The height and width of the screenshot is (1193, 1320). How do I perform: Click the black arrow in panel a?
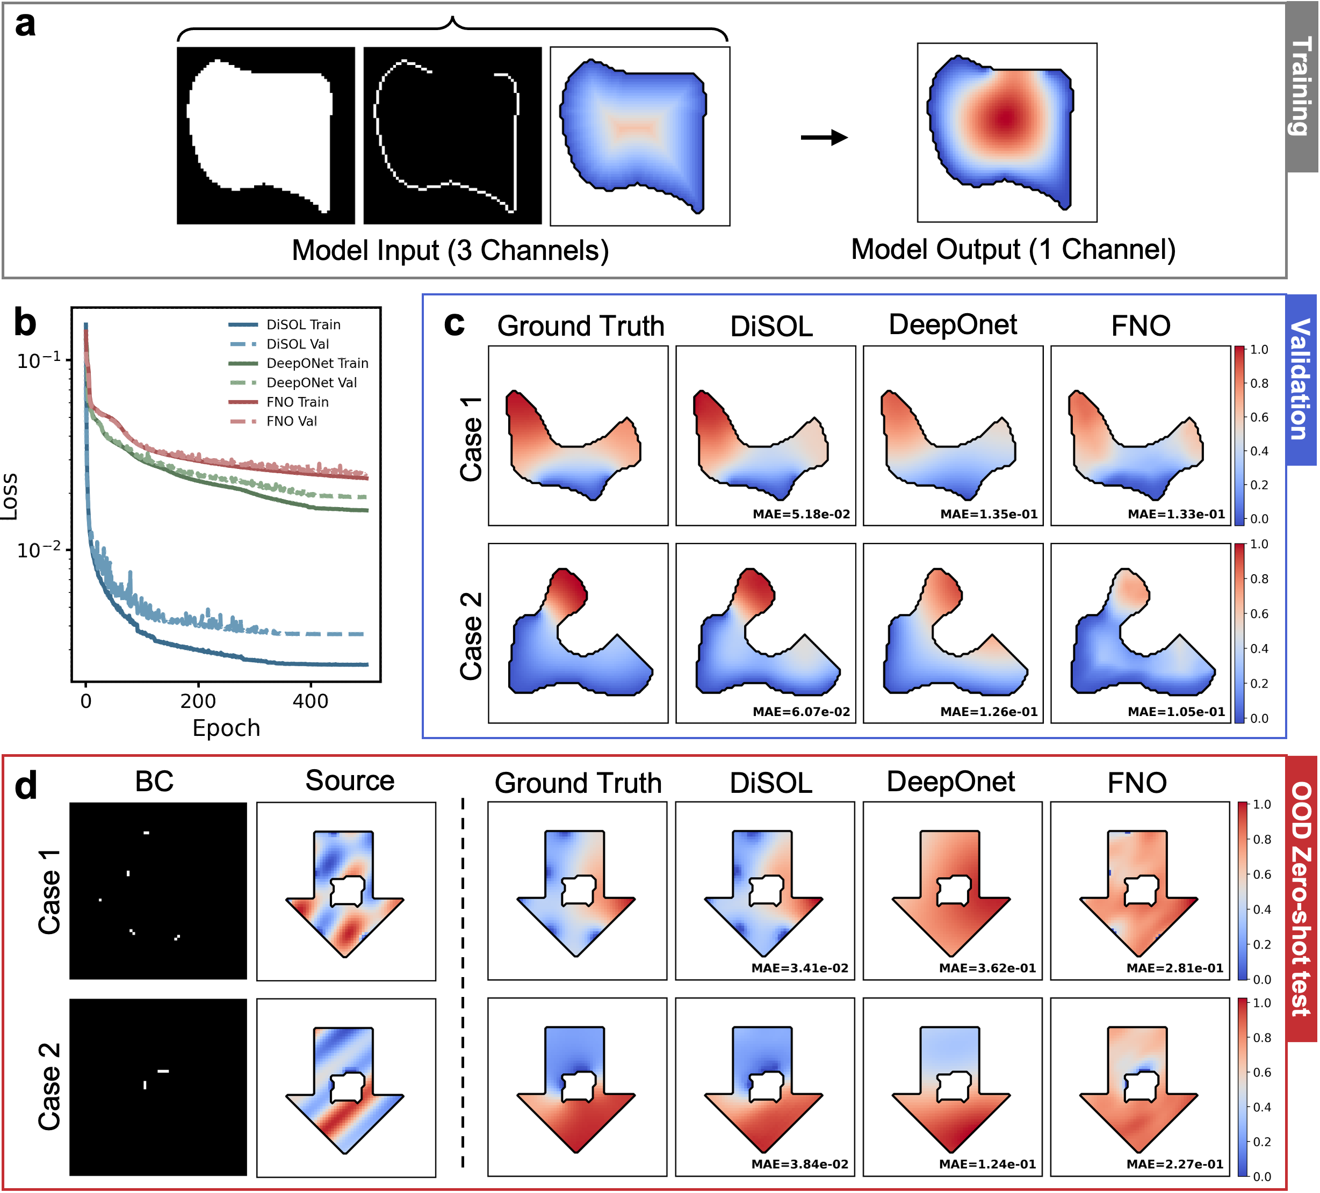(x=824, y=138)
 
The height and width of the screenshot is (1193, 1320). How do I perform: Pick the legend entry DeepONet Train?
(x=317, y=364)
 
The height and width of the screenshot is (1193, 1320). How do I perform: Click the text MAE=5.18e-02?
(x=801, y=515)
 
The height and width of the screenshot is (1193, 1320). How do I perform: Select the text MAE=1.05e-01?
(x=1176, y=712)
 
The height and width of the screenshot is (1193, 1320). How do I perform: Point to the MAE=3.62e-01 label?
(x=987, y=968)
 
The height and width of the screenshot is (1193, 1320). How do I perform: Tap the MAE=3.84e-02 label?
(x=799, y=1164)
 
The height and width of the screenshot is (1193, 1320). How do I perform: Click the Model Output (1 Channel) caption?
(x=1013, y=249)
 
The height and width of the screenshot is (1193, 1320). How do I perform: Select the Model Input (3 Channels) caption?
(x=450, y=251)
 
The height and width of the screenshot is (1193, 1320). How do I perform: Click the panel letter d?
(x=26, y=786)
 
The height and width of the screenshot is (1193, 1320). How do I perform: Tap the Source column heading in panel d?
(x=350, y=780)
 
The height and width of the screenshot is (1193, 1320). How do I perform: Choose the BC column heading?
(x=155, y=781)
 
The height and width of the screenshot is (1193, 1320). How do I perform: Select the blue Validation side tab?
(x=1301, y=380)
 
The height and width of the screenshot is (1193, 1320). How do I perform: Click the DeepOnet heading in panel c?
(x=953, y=326)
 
